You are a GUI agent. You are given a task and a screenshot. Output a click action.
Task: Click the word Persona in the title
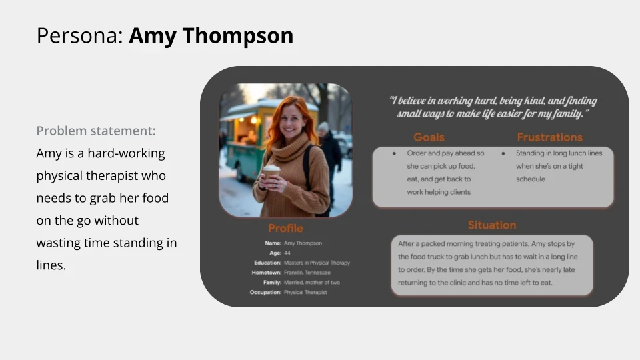tap(79, 35)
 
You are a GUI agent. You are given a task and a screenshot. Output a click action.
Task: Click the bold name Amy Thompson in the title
tap(211, 35)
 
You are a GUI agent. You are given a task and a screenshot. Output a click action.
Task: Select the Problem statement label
tap(96, 131)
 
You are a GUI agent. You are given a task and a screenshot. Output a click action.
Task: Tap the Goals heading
tap(429, 137)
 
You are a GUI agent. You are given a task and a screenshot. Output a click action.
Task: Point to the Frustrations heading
tap(549, 137)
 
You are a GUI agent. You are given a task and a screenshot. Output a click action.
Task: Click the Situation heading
tap(491, 225)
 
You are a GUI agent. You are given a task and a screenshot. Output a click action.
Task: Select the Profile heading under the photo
tap(285, 229)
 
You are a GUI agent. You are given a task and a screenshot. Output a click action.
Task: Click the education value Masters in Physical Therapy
tap(317, 263)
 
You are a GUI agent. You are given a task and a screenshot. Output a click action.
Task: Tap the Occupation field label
tap(265, 292)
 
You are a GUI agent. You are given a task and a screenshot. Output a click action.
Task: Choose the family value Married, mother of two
tap(311, 283)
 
